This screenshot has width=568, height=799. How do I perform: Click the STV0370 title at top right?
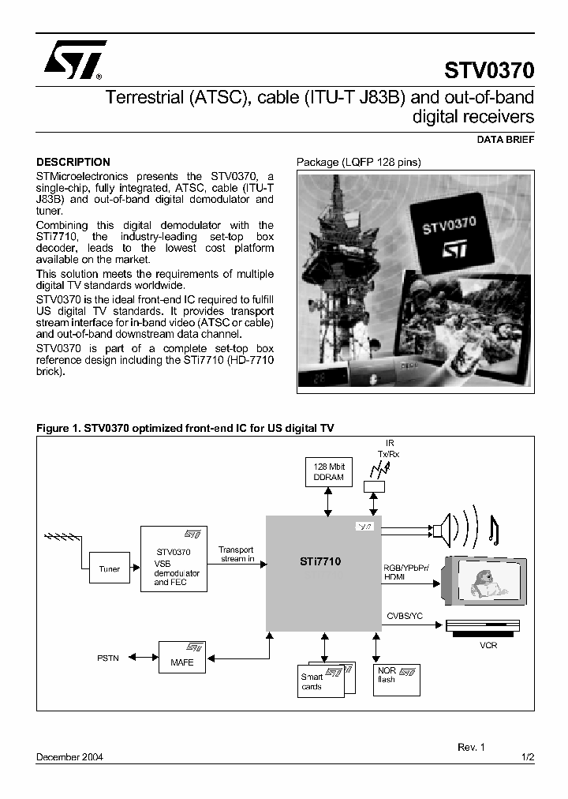(x=489, y=71)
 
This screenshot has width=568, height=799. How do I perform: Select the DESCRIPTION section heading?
(x=73, y=162)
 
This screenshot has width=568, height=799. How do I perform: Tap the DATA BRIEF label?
(x=506, y=140)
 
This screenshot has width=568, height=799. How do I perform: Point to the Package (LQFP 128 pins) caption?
(x=359, y=163)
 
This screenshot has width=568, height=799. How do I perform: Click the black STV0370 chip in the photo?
(x=450, y=234)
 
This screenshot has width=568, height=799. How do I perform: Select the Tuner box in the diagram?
(x=110, y=568)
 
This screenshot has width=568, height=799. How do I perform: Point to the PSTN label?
(x=108, y=657)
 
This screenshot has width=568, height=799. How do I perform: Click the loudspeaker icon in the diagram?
(x=441, y=531)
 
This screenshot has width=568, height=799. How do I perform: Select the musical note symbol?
(x=493, y=529)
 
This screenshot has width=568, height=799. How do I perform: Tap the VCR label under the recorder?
(x=488, y=644)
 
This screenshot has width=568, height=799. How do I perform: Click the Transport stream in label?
(x=236, y=554)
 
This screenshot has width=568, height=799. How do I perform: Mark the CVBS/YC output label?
(x=404, y=615)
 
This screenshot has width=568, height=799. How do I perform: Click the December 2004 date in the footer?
(x=69, y=756)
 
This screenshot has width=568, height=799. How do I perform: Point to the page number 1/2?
(x=528, y=756)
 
